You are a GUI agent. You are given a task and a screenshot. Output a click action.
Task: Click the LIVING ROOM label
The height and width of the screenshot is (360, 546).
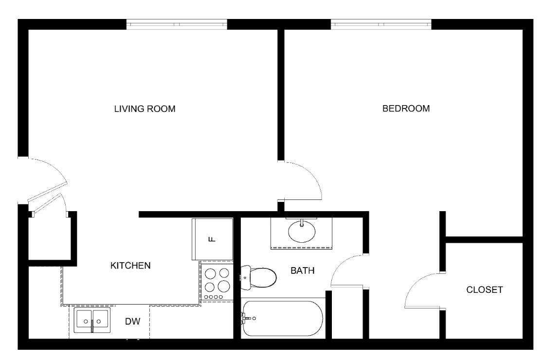145,109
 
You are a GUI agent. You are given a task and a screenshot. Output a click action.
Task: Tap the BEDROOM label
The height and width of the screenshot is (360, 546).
406,108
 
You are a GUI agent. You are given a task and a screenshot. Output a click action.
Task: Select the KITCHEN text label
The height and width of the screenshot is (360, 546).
130,266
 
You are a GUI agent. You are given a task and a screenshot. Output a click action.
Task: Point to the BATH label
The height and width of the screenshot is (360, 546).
303,270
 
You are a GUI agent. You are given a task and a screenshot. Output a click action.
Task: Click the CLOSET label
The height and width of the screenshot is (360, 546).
484,289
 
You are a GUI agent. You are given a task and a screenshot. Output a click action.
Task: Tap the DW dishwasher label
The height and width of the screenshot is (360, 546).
133,322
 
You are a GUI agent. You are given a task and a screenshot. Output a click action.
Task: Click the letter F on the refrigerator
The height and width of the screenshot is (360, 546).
212,239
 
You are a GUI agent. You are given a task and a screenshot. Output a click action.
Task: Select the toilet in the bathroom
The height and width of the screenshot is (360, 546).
258,277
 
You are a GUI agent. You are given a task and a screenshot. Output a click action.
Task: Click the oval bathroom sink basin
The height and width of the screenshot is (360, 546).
302,231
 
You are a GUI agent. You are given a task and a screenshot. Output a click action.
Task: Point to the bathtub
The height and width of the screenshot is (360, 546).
283,318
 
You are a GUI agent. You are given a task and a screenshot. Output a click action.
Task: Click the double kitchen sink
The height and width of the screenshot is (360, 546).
92,320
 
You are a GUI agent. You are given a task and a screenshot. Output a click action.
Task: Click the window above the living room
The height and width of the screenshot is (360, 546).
177,24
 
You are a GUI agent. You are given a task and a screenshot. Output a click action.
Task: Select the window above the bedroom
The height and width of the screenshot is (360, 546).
381,24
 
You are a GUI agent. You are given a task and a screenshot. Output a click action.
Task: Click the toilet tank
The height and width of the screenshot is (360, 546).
245,277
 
